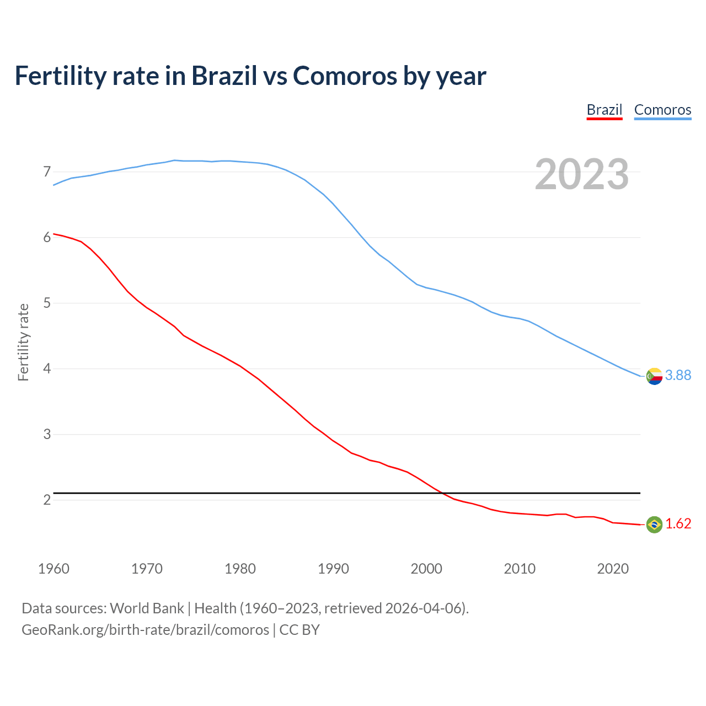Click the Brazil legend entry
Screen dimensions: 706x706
click(604, 110)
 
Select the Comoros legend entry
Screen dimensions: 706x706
click(662, 110)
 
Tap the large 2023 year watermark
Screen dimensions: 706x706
click(582, 174)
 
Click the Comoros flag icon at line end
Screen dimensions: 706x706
click(654, 376)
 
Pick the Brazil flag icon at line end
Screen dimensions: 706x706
click(654, 525)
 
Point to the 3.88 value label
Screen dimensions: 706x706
click(678, 376)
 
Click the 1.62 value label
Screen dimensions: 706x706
click(678, 524)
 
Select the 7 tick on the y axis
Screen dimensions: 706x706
click(47, 172)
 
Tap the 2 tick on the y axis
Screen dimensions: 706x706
click(47, 500)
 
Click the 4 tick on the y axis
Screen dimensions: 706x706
click(47, 369)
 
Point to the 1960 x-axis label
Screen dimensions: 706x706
click(54, 569)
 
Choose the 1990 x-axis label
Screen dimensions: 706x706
click(333, 569)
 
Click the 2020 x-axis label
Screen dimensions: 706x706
click(613, 569)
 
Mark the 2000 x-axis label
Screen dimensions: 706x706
click(426, 569)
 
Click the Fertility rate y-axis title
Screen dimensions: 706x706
click(23, 342)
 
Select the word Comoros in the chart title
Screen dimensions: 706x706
click(345, 76)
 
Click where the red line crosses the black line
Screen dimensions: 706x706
click(442, 493)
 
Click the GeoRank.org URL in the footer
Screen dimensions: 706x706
click(145, 630)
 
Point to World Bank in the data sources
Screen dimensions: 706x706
click(147, 608)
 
